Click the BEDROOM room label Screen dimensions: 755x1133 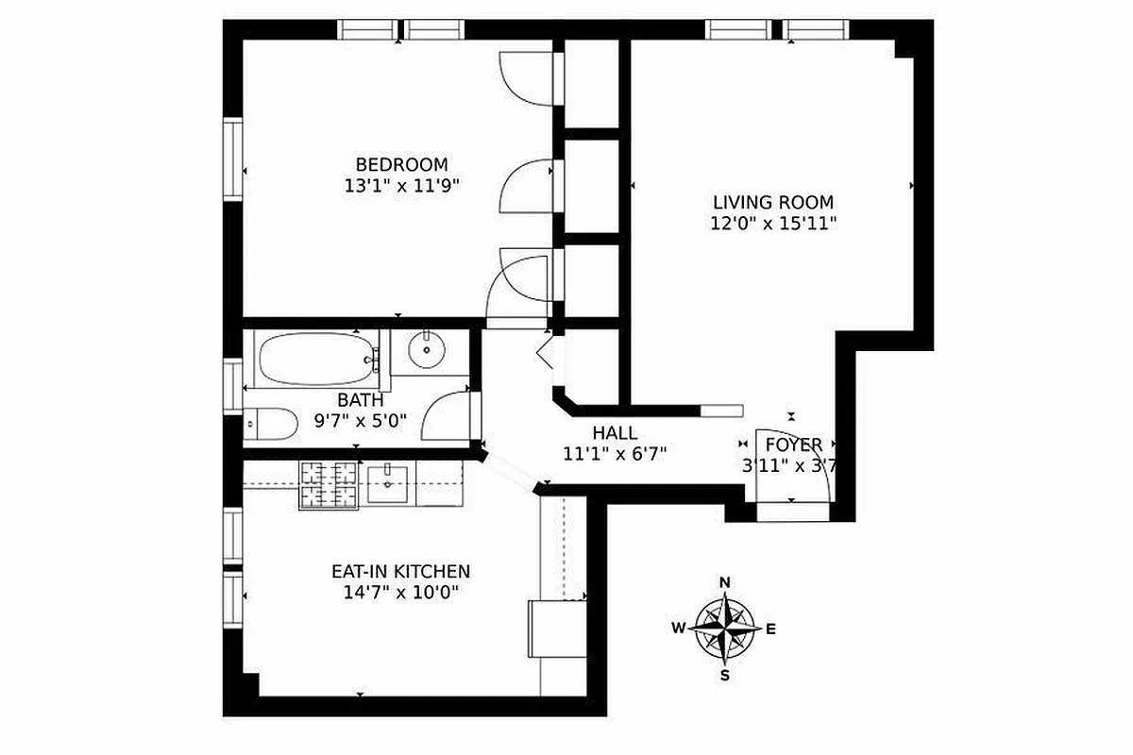click(401, 164)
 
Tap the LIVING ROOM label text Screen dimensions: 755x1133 click(772, 202)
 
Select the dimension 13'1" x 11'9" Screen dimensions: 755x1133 click(401, 186)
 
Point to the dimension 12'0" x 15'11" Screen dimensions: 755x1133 click(773, 224)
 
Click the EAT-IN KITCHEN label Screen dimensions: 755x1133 click(400, 571)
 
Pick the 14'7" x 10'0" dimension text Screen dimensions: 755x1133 click(400, 593)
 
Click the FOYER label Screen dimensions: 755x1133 click(793, 445)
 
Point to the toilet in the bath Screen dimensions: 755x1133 click(269, 424)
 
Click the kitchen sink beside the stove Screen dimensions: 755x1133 click(388, 484)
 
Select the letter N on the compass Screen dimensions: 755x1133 click(725, 582)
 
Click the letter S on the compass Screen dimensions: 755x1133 click(725, 675)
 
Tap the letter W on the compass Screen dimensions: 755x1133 click(679, 629)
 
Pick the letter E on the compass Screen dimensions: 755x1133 click(770, 629)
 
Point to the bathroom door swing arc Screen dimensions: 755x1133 click(444, 415)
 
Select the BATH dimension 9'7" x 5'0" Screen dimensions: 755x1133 click(360, 421)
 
